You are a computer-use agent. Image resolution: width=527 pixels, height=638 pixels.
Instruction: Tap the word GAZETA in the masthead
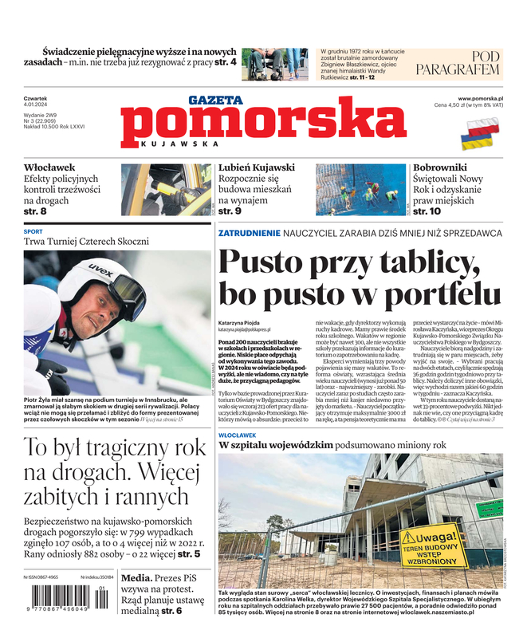(x=215, y=100)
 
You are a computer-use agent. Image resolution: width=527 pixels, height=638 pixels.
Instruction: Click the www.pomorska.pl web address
(x=486, y=97)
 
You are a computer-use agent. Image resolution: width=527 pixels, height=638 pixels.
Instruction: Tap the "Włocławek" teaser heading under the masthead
(x=49, y=167)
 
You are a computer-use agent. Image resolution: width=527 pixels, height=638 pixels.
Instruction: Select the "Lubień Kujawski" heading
(x=257, y=167)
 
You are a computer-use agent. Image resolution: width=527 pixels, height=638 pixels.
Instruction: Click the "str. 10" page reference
(x=427, y=211)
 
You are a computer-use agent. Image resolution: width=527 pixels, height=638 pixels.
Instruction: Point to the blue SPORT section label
(x=33, y=231)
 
